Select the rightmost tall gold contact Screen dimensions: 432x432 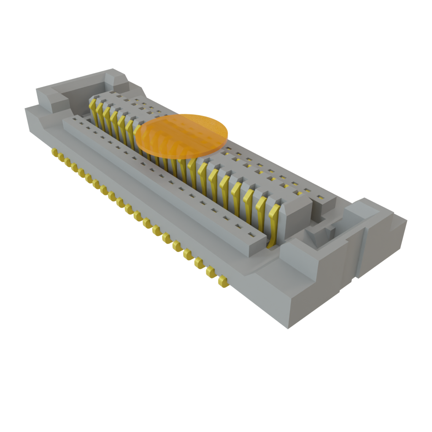(x=273, y=224)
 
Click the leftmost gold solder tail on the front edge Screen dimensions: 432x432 (x=54, y=152)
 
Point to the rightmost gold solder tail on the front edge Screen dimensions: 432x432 (x=223, y=282)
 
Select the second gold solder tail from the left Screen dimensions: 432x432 (x=61, y=157)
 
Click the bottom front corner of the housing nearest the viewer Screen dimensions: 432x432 (x=288, y=327)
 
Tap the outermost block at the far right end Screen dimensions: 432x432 (x=382, y=240)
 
